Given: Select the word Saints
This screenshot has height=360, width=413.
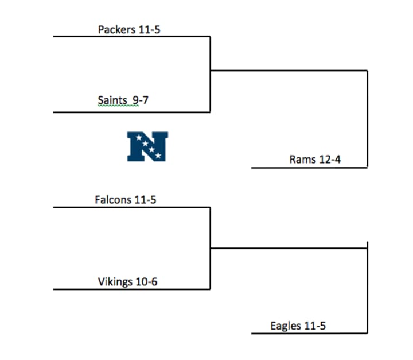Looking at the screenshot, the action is [112, 100].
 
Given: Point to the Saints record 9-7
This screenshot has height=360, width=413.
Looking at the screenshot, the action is [140, 100].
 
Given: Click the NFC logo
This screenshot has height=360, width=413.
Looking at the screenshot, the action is [147, 146].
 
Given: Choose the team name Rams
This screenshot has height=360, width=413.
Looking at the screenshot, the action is [302, 160].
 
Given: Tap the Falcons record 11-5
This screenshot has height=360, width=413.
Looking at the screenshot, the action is [145, 200].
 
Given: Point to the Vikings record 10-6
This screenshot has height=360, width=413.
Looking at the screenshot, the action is [146, 282].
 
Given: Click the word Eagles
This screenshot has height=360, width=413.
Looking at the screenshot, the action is [285, 326].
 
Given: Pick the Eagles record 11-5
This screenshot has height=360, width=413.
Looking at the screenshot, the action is [314, 326].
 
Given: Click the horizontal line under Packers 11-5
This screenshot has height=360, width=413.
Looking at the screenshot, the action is [132, 37].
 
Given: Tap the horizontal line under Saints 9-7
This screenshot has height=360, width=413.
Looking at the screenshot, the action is [132, 112].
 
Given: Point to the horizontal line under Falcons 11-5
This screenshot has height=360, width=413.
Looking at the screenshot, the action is [132, 207].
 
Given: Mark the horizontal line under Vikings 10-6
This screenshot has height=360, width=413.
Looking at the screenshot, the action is [132, 289].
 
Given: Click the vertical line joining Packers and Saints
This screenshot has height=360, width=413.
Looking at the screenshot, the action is [211, 75].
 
